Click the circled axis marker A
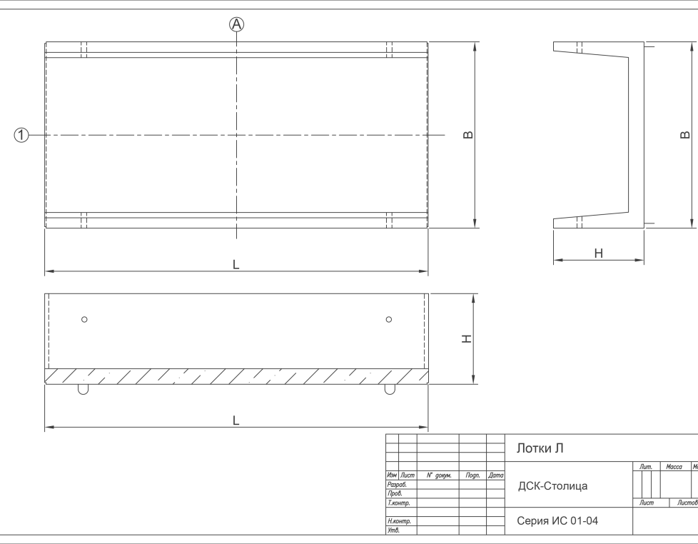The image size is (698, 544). (236, 24)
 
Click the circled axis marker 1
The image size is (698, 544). (22, 134)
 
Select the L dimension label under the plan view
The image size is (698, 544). (236, 264)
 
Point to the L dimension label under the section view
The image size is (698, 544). (236, 420)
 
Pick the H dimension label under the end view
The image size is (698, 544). (599, 253)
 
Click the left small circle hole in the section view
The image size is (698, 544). (84, 319)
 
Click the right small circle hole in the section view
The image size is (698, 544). (389, 319)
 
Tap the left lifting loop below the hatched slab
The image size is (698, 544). (84, 390)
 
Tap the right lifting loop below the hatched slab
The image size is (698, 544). (390, 390)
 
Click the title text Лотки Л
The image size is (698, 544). (540, 448)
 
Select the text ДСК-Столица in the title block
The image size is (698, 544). (552, 486)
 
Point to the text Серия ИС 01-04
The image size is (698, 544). (557, 521)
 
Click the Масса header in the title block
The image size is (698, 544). (674, 467)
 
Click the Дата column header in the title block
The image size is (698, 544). (496, 475)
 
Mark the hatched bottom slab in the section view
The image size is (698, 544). (236, 376)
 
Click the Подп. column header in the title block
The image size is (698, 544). (472, 475)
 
